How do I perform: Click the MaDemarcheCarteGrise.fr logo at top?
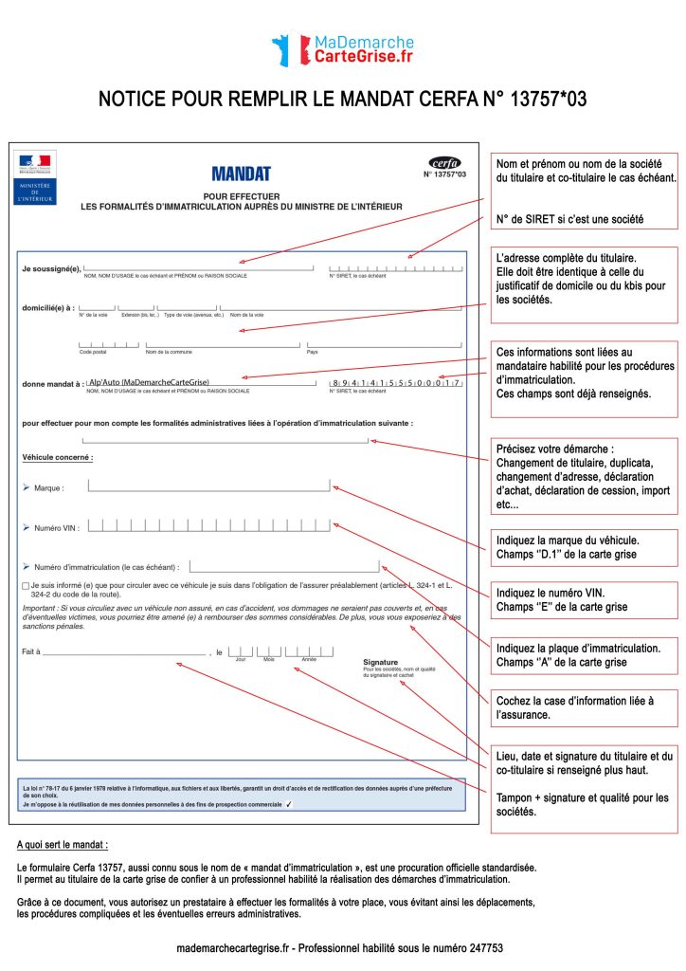coord(342,49)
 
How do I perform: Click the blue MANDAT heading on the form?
coord(241,174)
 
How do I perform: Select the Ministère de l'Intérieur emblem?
coord(35,176)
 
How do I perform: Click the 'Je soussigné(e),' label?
coord(51,268)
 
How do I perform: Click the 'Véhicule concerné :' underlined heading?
coord(58,457)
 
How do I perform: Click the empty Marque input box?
coord(208,485)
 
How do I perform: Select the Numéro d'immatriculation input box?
coord(283,566)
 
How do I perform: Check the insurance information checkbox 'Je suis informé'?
coord(25,587)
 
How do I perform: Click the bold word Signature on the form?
coord(380,662)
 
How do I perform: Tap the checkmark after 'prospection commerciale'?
coord(289,803)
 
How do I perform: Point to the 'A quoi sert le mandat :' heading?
coord(63,844)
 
